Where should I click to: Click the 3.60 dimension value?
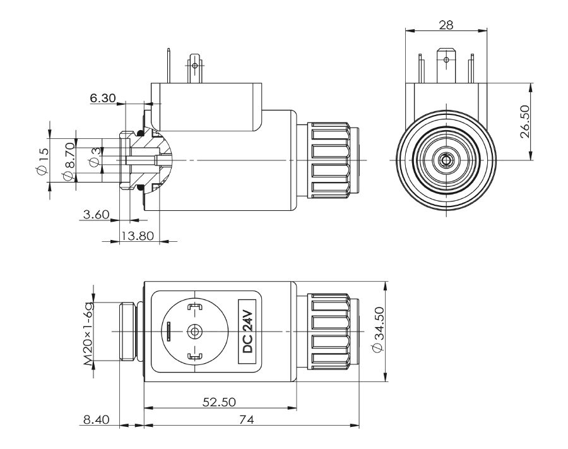click(97, 215)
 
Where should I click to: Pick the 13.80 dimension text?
click(138, 236)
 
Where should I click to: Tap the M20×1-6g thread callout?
click(88, 332)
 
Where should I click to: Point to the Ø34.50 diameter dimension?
click(379, 332)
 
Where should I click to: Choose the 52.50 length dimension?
click(218, 401)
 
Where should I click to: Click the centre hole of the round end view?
click(446, 160)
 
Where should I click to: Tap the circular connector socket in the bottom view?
click(195, 331)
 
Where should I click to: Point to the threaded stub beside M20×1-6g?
click(127, 332)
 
